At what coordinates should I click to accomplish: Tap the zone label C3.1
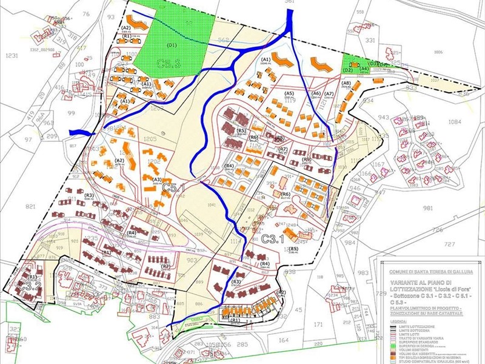point(274,240)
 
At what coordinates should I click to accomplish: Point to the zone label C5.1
point(173,188)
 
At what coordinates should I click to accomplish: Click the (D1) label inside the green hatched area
point(172,45)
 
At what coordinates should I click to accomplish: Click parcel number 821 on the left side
point(30,206)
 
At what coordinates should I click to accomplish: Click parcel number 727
point(449,244)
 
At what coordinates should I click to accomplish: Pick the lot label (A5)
point(289,93)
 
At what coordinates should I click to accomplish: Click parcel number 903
point(192,259)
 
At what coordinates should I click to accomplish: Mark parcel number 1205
point(151,139)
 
